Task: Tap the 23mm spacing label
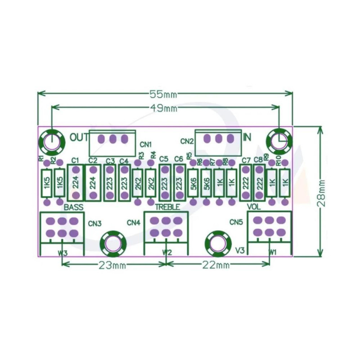[x=112, y=265]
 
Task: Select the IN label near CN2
[x=247, y=137]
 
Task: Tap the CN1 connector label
[x=145, y=144]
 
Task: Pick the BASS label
[x=73, y=207]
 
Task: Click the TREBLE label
[x=167, y=207]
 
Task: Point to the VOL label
[x=255, y=207]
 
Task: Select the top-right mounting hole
[x=279, y=141]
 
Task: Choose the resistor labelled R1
[x=46, y=184]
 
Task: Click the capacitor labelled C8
[x=259, y=183]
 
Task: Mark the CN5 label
[x=236, y=222]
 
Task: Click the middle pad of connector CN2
[x=219, y=138]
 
